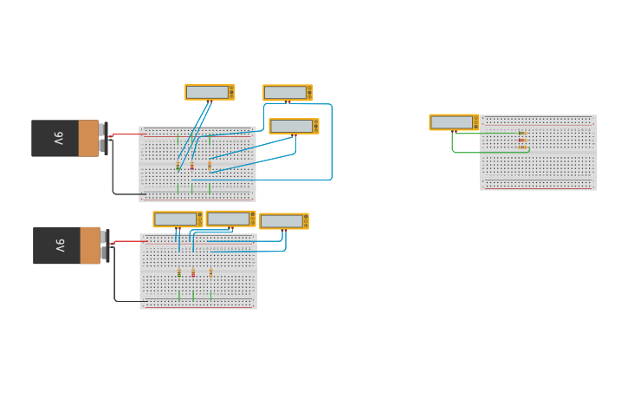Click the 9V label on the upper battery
58,138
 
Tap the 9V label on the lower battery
59,246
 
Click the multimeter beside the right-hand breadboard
453,122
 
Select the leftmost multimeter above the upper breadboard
209,92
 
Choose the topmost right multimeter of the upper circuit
287,93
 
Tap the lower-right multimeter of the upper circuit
293,127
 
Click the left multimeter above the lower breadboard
177,219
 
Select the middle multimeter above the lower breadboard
230,219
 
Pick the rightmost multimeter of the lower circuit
283,221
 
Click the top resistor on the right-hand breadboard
521,133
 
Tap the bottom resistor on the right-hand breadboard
521,147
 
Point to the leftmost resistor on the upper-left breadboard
178,165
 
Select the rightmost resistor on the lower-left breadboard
210,272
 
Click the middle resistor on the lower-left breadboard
193,272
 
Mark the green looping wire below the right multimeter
468,152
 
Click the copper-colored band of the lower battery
90,246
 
